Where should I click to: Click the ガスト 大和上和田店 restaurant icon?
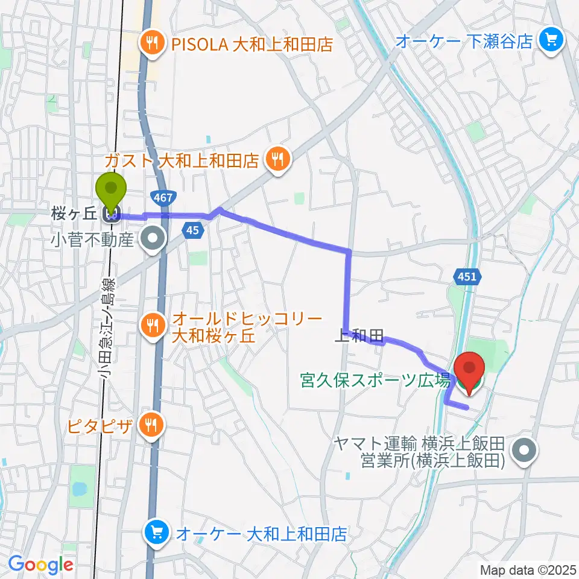click(x=279, y=160)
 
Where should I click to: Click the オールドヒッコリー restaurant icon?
click(x=150, y=326)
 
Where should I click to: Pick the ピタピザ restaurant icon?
click(x=150, y=426)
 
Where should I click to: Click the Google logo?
click(x=40, y=565)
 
